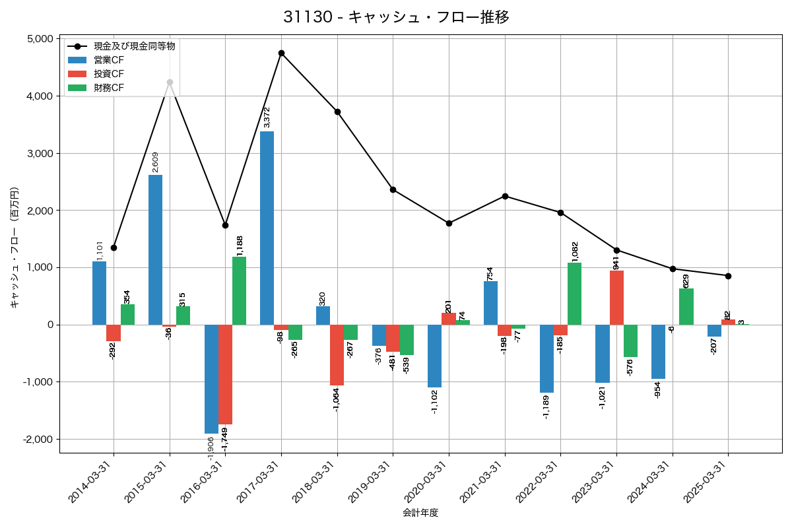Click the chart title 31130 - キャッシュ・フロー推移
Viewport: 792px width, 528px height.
coord(396,17)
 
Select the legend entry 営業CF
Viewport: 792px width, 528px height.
coord(109,60)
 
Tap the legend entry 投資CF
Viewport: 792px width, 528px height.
coord(109,74)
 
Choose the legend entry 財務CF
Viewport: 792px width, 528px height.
coord(109,88)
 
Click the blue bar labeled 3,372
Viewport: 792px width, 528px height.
coord(267,228)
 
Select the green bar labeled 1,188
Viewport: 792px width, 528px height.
coord(239,290)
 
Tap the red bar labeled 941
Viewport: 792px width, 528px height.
coord(616,298)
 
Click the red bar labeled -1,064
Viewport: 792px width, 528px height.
coord(337,355)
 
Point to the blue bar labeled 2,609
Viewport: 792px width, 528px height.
coord(155,249)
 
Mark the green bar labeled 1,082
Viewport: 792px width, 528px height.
coord(574,294)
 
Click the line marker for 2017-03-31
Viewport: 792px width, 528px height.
coord(281,53)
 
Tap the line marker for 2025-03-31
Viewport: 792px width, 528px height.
coord(728,276)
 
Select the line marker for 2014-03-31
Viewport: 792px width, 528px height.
coord(114,247)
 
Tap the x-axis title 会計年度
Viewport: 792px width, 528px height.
coord(420,513)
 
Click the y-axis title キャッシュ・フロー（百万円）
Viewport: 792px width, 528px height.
coord(14,247)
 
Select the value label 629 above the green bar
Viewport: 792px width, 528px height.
coord(686,280)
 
